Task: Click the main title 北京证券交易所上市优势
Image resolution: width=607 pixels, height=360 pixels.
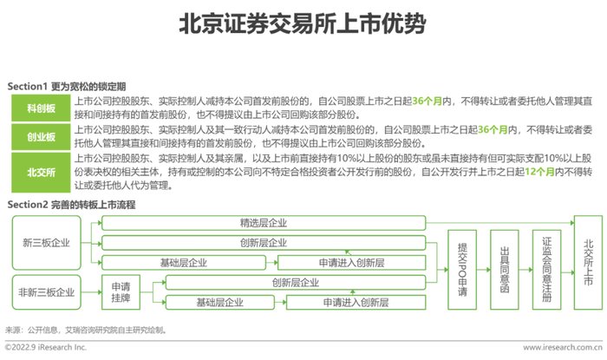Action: (303, 23)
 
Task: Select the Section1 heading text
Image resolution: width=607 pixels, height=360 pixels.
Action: (67, 87)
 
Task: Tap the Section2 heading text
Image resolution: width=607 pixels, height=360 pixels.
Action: (72, 205)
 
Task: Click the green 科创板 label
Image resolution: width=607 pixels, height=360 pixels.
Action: (41, 108)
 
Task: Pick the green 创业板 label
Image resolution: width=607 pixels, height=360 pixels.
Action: (41, 137)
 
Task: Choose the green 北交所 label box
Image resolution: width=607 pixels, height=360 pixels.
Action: (41, 173)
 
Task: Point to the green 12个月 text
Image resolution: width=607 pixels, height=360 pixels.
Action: (539, 172)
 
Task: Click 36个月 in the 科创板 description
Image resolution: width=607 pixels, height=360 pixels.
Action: (427, 101)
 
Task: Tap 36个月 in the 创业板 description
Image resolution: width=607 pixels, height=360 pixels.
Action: (493, 129)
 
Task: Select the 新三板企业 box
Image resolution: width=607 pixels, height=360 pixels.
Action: (47, 243)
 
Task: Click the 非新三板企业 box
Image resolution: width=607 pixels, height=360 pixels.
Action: (47, 292)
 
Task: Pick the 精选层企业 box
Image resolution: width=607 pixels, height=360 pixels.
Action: (264, 223)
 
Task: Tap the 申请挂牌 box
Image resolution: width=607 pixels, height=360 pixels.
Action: (121, 292)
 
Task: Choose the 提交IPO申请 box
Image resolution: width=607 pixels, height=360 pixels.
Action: (462, 270)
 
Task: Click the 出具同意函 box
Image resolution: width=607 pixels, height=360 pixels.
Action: (505, 270)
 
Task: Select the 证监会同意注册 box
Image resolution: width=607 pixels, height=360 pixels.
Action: (546, 270)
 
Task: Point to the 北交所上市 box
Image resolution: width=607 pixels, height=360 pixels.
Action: (589, 263)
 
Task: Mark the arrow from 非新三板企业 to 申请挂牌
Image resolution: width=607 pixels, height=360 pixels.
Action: (91, 292)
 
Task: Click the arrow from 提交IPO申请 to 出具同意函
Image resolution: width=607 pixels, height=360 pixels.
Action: (484, 270)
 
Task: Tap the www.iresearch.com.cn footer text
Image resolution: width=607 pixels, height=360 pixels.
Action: (563, 347)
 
